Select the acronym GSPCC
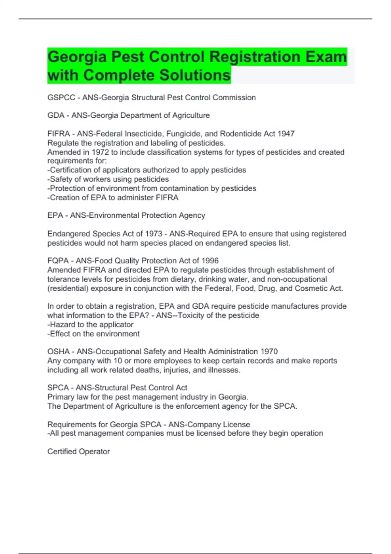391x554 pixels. pos(61,97)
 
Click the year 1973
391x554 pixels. pos(153,234)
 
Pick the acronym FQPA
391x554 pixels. pos(58,261)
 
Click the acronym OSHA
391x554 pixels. pos(59,352)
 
